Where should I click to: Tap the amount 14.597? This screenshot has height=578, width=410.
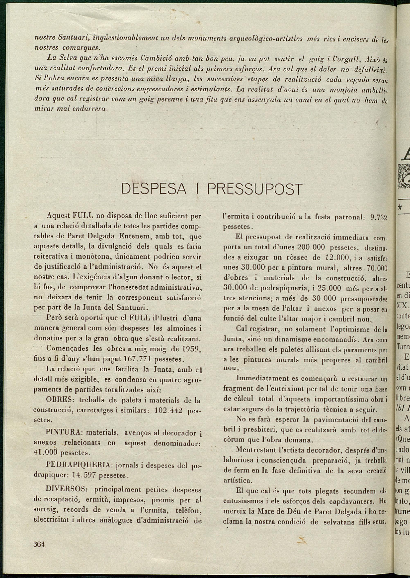[84, 475]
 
